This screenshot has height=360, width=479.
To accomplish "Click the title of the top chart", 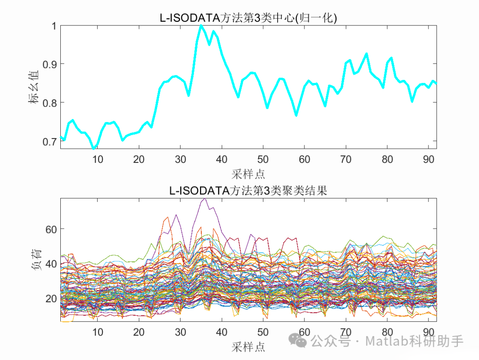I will pos(248,18).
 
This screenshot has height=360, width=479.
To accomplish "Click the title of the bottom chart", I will pos(248,191).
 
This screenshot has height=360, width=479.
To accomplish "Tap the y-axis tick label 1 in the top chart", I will pos(54,26).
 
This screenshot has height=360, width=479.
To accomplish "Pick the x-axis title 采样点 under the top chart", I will pos(248,173).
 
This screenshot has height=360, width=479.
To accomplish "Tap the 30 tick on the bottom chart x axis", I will pos(180,332).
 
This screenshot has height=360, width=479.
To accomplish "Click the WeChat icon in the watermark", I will pos(298,341).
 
